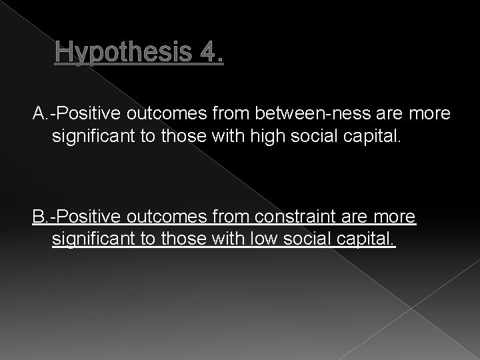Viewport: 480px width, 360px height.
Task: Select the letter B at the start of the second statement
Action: [x=38, y=218]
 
